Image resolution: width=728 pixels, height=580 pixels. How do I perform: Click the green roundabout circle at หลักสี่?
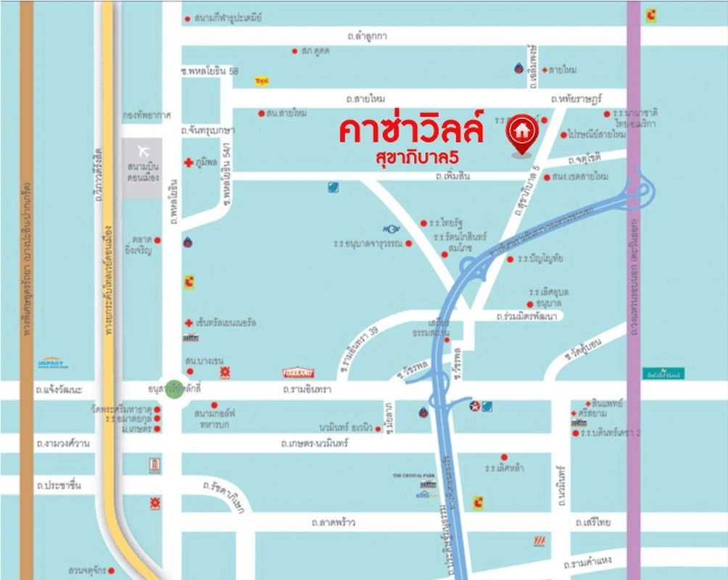[174, 389]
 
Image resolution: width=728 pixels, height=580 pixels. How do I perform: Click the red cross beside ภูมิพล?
[188, 163]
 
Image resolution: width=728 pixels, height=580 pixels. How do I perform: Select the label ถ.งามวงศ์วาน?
[62, 443]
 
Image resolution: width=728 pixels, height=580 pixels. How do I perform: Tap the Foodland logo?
[298, 373]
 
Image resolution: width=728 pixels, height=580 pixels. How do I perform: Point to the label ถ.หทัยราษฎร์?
[576, 98]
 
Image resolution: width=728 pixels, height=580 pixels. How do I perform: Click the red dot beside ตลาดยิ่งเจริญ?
[157, 240]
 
